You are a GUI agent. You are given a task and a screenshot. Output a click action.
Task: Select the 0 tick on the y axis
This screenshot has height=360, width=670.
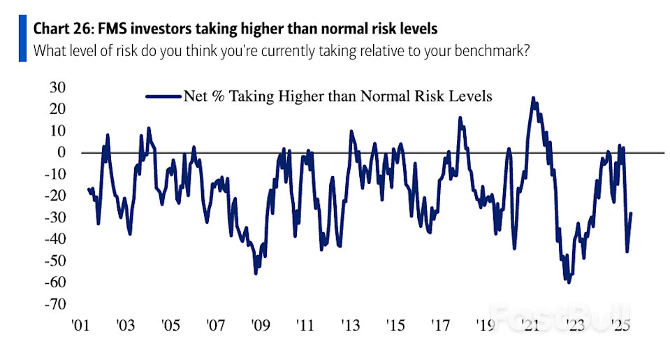coord(61,152)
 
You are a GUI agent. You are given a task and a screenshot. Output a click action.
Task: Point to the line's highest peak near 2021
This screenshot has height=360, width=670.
coord(533,99)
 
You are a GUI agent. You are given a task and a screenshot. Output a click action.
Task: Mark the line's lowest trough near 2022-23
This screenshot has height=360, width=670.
coord(569,282)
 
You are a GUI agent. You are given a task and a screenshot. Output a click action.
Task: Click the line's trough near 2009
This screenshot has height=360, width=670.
coord(256,273)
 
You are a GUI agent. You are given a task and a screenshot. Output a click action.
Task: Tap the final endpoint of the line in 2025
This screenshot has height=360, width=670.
coord(632,214)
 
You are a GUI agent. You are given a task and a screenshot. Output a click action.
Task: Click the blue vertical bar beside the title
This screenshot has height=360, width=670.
coord(22,41)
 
